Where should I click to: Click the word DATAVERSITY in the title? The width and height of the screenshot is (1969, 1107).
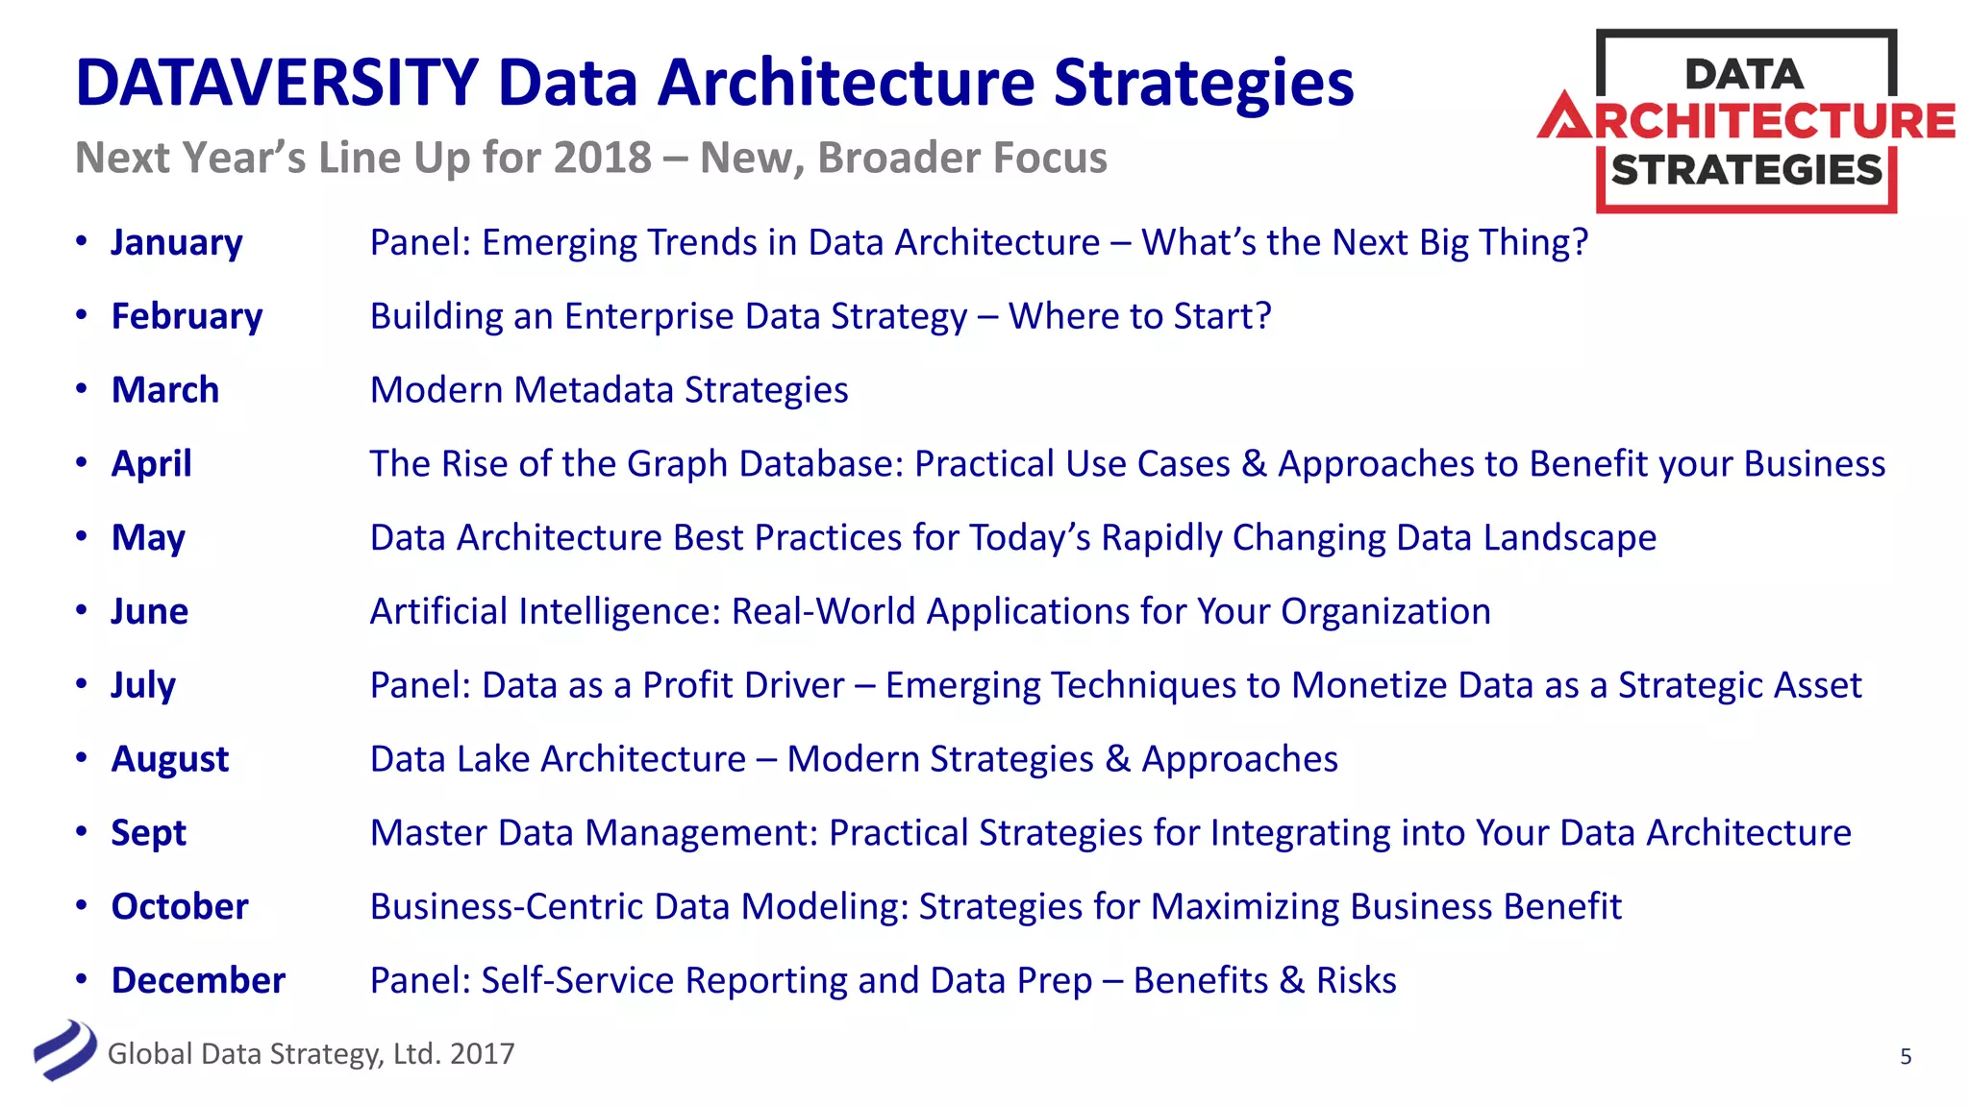pyautogui.click(x=277, y=83)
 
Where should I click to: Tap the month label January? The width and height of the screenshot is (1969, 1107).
pyautogui.click(x=177, y=243)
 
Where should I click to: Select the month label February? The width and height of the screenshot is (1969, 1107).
pyautogui.click(x=187, y=316)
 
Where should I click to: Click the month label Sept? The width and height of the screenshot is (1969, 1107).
pyautogui.click(x=148, y=833)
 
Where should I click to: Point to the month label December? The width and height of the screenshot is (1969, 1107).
pyautogui.click(x=198, y=980)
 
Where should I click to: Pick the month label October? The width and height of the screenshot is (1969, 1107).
pyautogui.click(x=180, y=906)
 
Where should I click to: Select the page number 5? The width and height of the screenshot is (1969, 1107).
pyautogui.click(x=1906, y=1057)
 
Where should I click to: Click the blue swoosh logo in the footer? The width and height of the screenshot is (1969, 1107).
pyautogui.click(x=64, y=1050)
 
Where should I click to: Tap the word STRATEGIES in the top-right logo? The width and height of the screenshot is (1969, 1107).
pyautogui.click(x=1746, y=170)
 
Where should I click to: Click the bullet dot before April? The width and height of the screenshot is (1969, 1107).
pyautogui.click(x=82, y=463)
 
